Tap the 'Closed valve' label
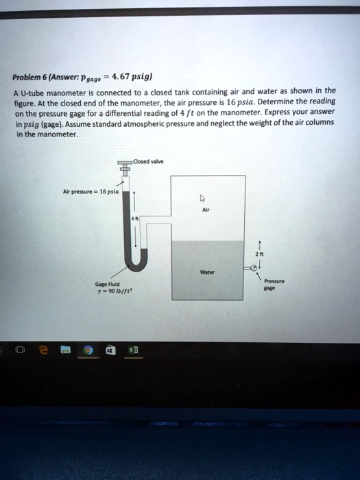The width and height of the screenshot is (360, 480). pos(147,163)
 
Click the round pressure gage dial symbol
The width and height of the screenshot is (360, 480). pos(254,267)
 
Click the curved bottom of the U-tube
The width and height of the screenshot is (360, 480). pos(138,263)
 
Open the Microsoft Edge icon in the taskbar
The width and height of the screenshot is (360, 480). pos(43,351)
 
